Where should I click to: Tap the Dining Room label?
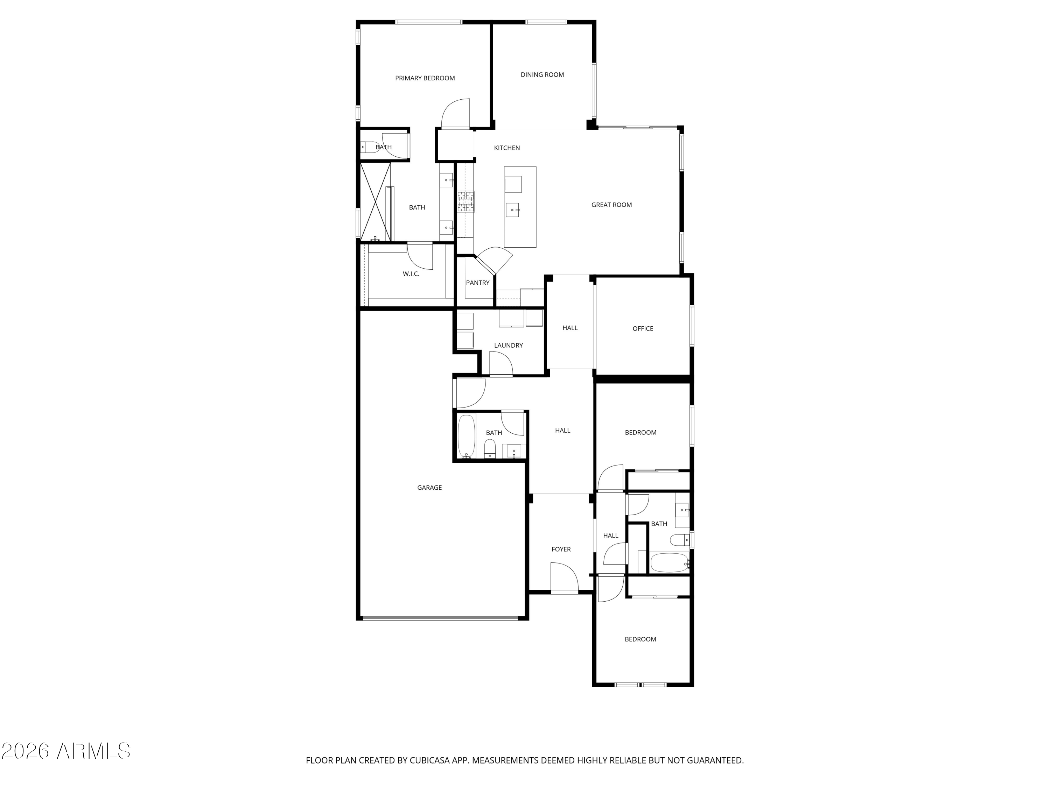tap(542, 75)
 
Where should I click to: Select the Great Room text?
tap(611, 205)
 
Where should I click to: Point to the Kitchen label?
tap(506, 148)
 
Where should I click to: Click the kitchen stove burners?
tap(465, 201)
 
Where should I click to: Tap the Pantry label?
tap(477, 283)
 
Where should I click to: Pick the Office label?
tap(643, 329)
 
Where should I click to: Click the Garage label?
tap(429, 488)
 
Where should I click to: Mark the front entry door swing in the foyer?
tap(564, 577)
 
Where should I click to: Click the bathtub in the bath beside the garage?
tap(466, 435)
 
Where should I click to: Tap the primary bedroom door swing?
tap(456, 114)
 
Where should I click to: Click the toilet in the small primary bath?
tap(369, 147)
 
